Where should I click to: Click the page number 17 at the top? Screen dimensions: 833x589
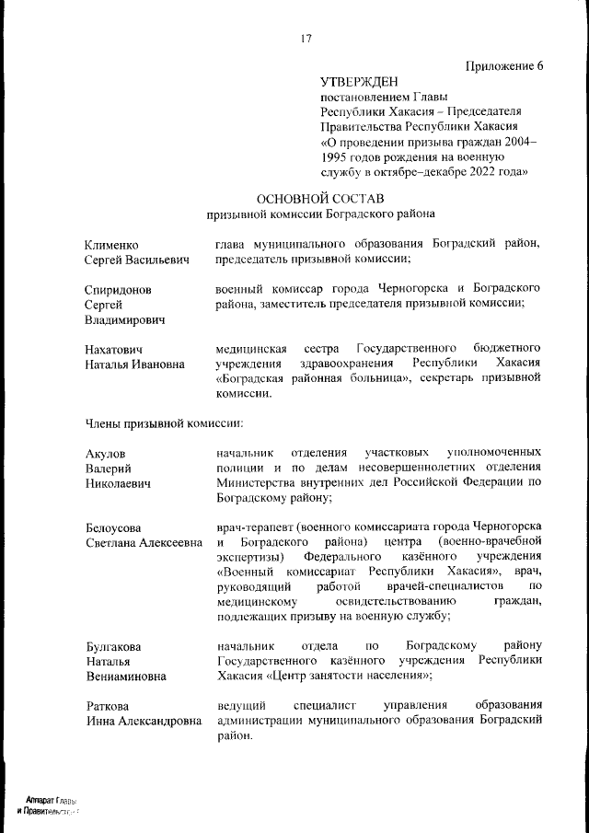pos(306,38)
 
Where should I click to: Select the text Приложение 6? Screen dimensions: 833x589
pos(504,64)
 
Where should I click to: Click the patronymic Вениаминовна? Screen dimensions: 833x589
pos(126,676)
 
